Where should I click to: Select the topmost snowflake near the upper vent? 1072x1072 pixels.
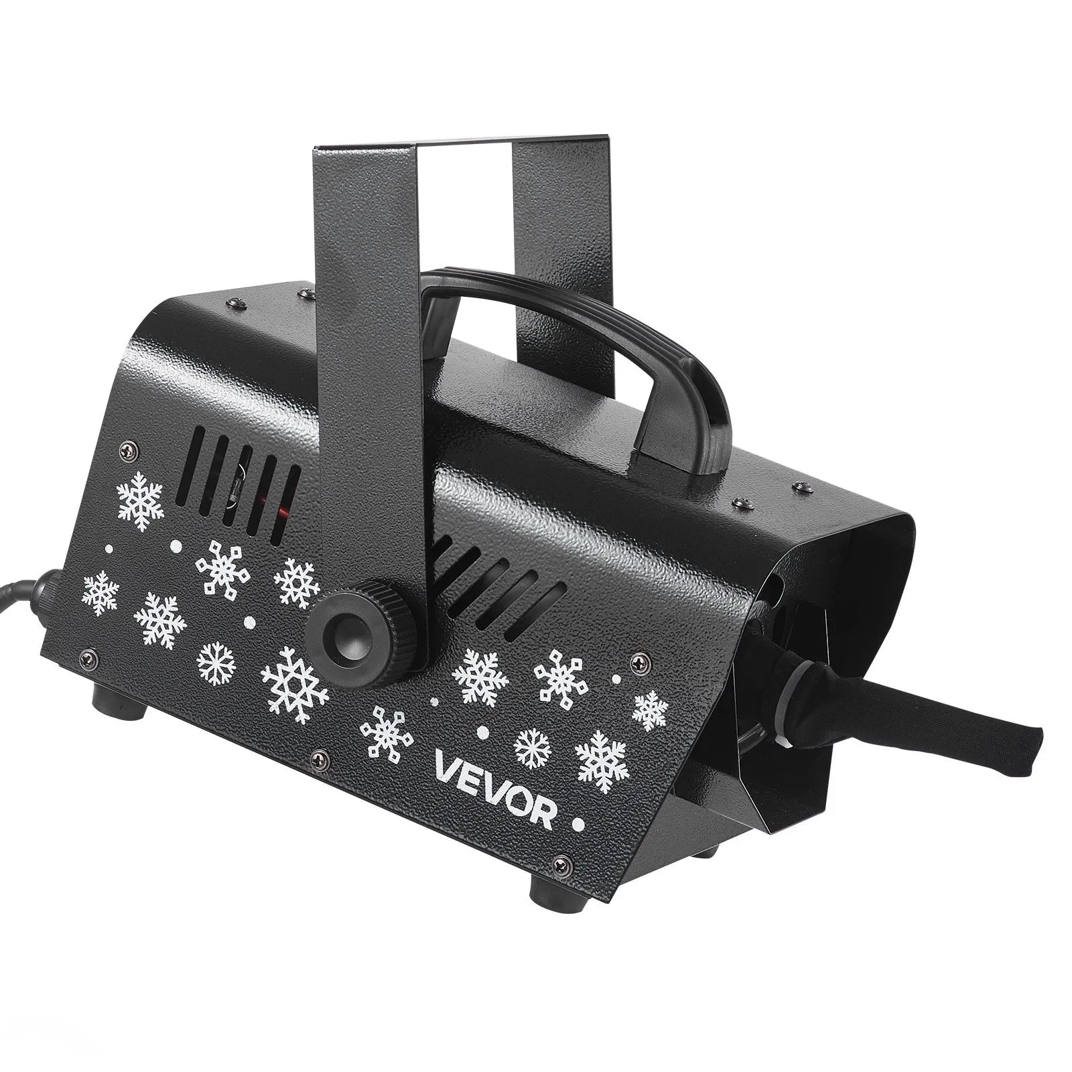(x=140, y=499)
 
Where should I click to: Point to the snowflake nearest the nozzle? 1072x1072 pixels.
(x=650, y=710)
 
